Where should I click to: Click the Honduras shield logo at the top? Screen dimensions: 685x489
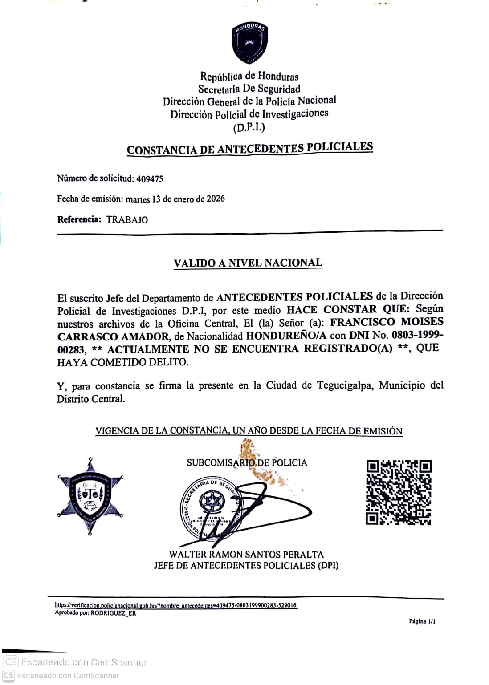(249, 43)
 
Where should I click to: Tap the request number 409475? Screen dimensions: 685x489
(150, 179)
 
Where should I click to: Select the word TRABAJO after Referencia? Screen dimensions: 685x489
(127, 219)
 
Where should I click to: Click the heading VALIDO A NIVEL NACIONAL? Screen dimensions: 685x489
(248, 263)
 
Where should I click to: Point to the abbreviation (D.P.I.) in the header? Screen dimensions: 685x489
(249, 128)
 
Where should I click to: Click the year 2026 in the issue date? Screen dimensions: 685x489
(216, 199)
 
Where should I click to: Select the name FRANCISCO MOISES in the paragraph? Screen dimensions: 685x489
(387, 322)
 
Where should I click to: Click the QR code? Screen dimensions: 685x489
(399, 492)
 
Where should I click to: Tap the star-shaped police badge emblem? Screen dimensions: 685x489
(90, 495)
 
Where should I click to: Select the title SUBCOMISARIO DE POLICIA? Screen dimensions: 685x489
(247, 463)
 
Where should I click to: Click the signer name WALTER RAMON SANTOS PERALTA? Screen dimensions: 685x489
(246, 555)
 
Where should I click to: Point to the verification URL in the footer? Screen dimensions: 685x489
(176, 605)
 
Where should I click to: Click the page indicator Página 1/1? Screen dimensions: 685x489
(422, 621)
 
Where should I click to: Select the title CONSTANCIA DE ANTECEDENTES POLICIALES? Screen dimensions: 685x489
(249, 149)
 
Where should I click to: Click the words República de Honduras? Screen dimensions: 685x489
(249, 77)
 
